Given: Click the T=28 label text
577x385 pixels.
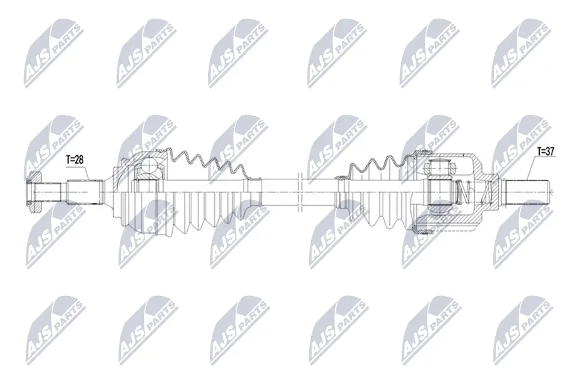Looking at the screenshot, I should point(76,160).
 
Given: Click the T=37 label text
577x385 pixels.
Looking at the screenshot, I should point(546,152).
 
